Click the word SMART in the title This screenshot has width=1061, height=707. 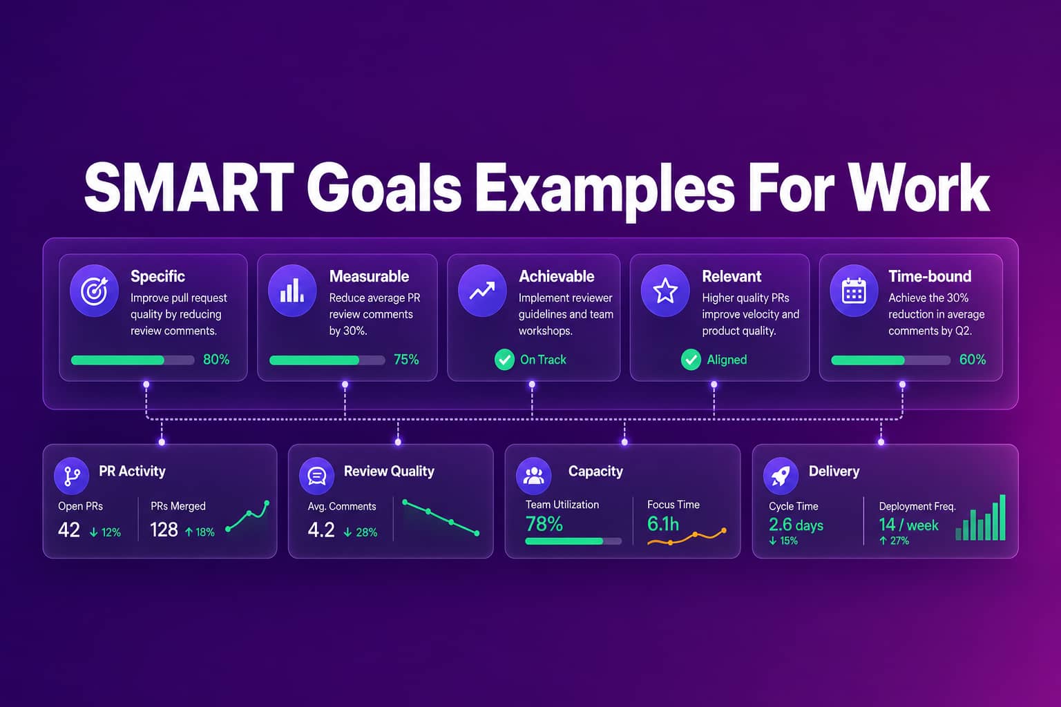[x=189, y=188]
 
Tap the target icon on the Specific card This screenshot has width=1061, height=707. [x=94, y=290]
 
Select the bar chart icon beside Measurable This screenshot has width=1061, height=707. [x=292, y=290]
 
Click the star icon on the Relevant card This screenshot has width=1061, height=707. [x=665, y=290]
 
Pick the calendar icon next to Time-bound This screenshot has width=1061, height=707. [x=854, y=290]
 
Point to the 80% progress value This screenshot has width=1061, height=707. [x=216, y=360]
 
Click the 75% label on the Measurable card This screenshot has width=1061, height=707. [x=406, y=360]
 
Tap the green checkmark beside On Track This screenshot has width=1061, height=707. [x=504, y=360]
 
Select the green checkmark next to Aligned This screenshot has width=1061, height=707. [x=691, y=360]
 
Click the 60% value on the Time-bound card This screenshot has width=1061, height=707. [x=973, y=360]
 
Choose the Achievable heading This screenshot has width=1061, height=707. [x=557, y=276]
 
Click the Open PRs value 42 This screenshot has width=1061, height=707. [x=68, y=530]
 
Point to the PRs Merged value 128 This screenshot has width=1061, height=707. [x=164, y=530]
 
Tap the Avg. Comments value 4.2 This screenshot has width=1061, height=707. [x=321, y=530]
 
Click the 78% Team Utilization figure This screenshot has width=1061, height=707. [x=544, y=524]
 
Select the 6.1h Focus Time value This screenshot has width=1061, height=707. [x=663, y=524]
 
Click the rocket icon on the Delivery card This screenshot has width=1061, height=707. [x=781, y=476]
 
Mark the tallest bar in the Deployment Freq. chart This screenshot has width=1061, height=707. [x=1002, y=517]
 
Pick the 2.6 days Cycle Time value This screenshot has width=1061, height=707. [x=796, y=525]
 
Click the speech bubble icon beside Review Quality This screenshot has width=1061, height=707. [x=316, y=476]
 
